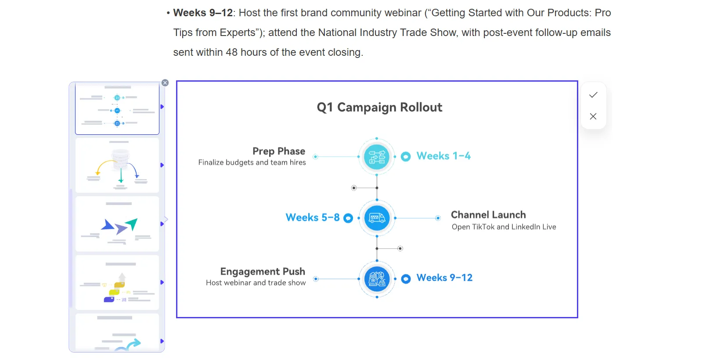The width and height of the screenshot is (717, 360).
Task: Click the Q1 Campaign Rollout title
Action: tap(379, 108)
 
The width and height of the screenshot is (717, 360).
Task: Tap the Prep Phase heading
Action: tap(279, 151)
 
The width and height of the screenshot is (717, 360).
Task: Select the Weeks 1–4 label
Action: tap(443, 156)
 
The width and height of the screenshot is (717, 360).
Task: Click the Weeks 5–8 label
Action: tap(313, 218)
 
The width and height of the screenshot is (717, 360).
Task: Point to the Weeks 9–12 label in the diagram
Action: tap(444, 278)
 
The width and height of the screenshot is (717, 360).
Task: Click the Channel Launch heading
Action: tap(488, 215)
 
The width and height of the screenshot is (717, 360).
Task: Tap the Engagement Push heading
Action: tap(263, 272)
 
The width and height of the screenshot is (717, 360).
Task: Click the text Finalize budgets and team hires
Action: tap(252, 162)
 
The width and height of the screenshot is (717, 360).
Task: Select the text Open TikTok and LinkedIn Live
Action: tap(504, 227)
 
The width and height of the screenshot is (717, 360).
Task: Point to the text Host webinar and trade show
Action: tap(256, 283)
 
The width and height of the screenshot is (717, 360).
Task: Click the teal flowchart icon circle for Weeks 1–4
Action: tap(377, 157)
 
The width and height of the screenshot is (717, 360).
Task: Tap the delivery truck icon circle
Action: tap(377, 218)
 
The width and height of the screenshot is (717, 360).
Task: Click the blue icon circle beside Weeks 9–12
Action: tap(377, 279)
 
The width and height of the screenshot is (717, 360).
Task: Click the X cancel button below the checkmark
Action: tap(593, 116)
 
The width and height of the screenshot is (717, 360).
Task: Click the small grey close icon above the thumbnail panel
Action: tap(165, 83)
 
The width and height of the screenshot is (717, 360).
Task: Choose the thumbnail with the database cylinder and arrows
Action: tap(117, 166)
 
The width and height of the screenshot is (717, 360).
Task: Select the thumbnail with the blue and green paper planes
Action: tap(117, 224)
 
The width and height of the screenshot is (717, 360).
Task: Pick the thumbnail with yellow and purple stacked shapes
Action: tap(117, 283)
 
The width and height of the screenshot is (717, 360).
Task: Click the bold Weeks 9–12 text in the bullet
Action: tap(203, 13)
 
